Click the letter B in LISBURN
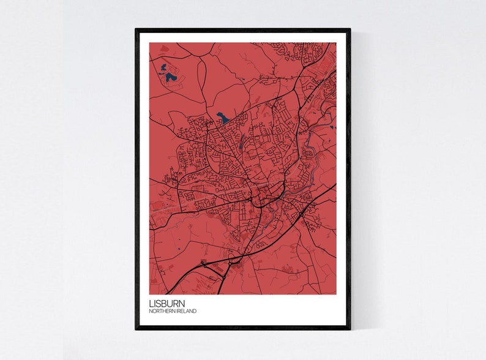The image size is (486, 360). pos(166,303)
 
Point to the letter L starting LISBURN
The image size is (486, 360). pos(151,303)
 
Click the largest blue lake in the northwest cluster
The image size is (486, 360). pos(170,78)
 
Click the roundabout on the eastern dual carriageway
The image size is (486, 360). pos(302,214)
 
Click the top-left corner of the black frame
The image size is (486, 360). pos(136,29)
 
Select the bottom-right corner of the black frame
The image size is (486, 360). pos(350,329)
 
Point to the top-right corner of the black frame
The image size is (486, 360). pos(350,29)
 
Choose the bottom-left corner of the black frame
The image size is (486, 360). pos(136,329)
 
